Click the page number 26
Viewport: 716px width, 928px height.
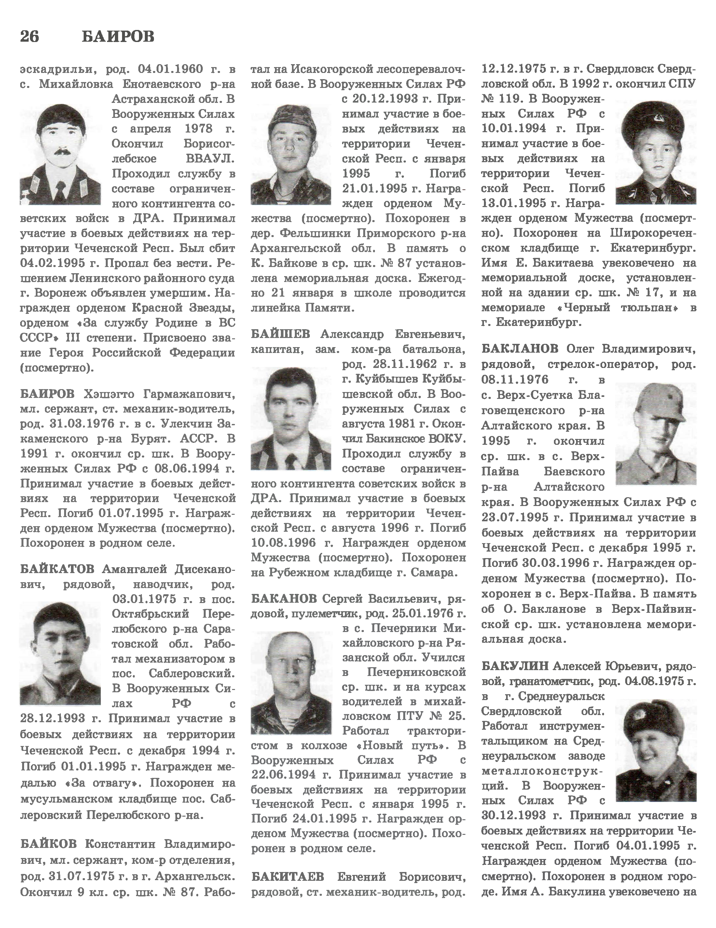tap(29, 37)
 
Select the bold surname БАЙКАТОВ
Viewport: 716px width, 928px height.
tap(57, 569)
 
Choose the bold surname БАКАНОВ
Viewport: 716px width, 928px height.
tap(284, 599)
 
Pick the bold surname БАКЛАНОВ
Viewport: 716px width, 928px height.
tap(519, 349)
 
